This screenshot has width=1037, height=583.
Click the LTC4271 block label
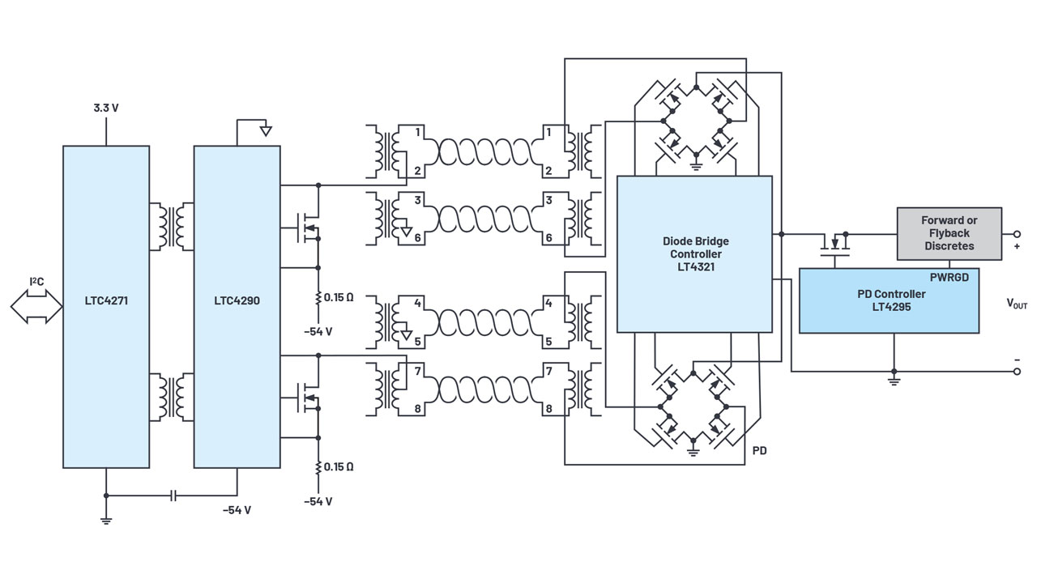tap(105, 300)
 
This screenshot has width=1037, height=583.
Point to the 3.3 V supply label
tap(105, 108)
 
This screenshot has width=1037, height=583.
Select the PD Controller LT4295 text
tap(890, 300)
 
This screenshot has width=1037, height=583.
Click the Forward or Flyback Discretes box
tap(949, 233)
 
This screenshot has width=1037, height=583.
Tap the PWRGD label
tap(949, 277)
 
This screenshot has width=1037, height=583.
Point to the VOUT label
tap(1017, 304)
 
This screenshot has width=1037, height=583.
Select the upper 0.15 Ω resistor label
tap(339, 297)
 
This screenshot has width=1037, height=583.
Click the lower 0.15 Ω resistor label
tap(339, 466)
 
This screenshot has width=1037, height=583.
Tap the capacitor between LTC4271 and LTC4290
tap(173, 495)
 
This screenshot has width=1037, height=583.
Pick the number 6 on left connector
tap(418, 238)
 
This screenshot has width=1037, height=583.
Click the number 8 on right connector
tap(548, 409)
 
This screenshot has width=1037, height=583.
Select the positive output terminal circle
tap(1018, 234)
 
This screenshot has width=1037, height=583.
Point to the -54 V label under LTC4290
tap(237, 510)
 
